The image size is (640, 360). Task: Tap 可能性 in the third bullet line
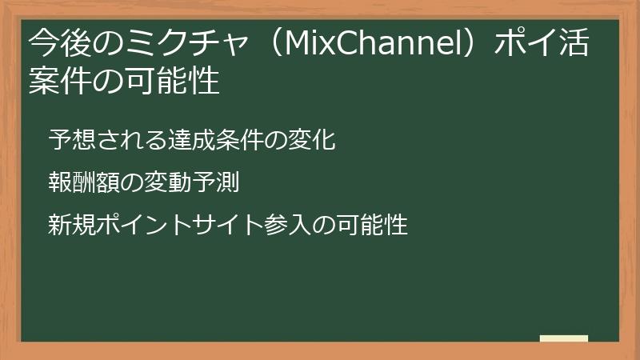click(x=372, y=225)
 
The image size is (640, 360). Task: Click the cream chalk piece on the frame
click(x=564, y=339)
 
